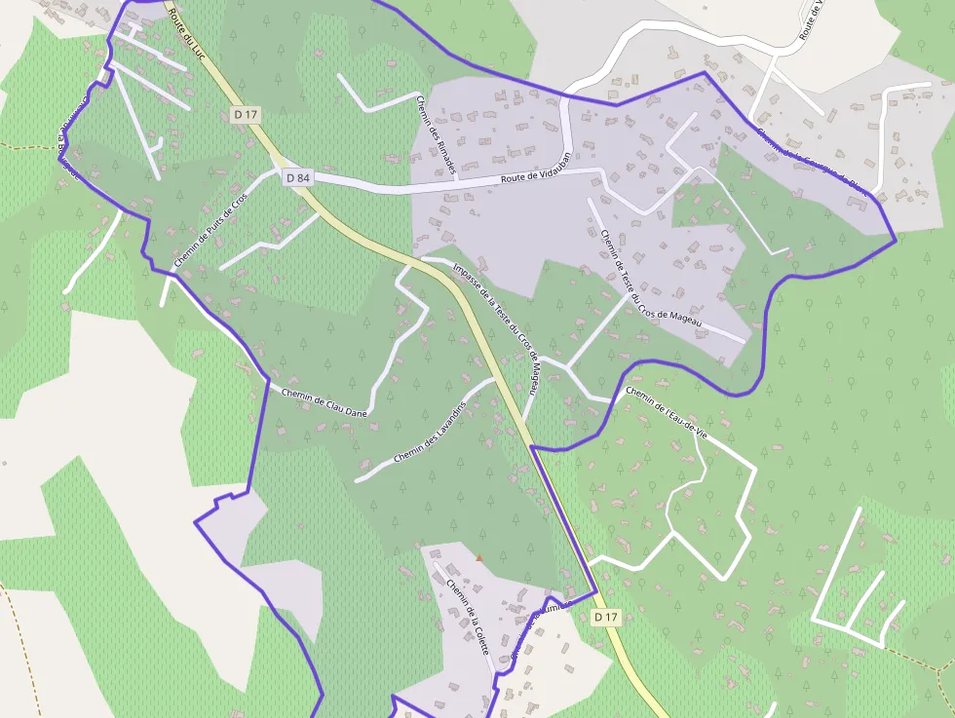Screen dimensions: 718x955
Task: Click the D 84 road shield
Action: tap(297, 177)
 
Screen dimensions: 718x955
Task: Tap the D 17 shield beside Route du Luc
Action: tap(247, 115)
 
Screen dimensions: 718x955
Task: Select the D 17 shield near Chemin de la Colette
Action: tap(606, 617)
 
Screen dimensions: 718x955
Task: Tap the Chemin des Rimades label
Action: tap(435, 134)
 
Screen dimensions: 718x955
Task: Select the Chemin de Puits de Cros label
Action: tap(210, 231)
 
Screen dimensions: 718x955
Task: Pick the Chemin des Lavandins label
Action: tap(431, 433)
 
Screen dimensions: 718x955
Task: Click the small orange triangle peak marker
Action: tap(478, 558)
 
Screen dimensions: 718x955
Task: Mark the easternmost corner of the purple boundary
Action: tap(895, 240)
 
